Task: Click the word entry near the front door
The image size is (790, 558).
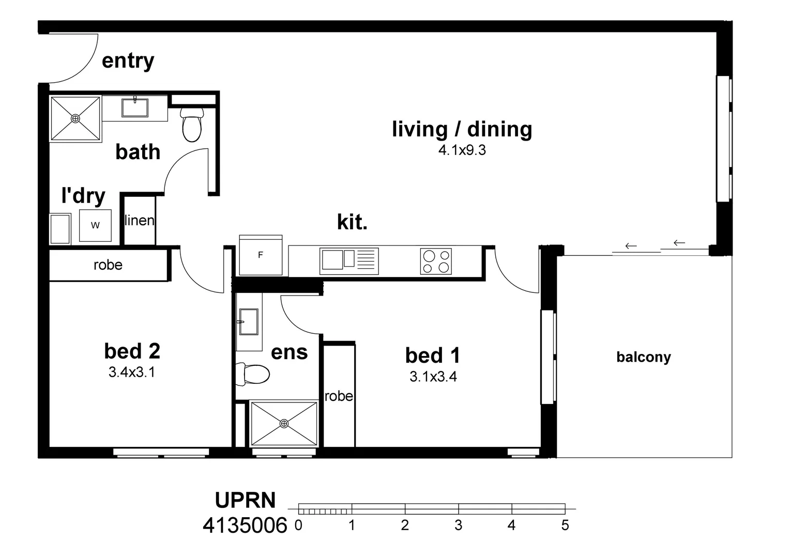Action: pyautogui.click(x=128, y=61)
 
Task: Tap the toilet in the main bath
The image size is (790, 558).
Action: pyautogui.click(x=192, y=124)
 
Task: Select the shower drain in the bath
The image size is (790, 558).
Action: pyautogui.click(x=75, y=118)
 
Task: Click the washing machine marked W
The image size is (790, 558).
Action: pyautogui.click(x=95, y=226)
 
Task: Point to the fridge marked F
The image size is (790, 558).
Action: pyautogui.click(x=261, y=255)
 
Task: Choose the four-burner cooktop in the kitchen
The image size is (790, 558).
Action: pyautogui.click(x=436, y=261)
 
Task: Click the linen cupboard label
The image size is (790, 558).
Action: pyautogui.click(x=139, y=221)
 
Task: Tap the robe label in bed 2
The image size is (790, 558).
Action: pyautogui.click(x=108, y=265)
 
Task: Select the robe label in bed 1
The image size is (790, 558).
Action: pyautogui.click(x=339, y=397)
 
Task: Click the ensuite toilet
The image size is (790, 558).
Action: pyautogui.click(x=252, y=374)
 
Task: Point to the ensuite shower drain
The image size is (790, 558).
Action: pyautogui.click(x=284, y=423)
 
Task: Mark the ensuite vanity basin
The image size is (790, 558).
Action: pyautogui.click(x=249, y=321)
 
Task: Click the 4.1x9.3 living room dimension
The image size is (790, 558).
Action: pyautogui.click(x=462, y=150)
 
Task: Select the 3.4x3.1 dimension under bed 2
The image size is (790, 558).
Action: pyautogui.click(x=132, y=372)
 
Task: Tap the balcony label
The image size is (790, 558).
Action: pyautogui.click(x=644, y=357)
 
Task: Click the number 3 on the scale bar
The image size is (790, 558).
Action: pyautogui.click(x=458, y=525)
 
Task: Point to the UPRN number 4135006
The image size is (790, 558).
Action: pyautogui.click(x=245, y=525)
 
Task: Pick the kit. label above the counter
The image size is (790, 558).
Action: pyautogui.click(x=352, y=222)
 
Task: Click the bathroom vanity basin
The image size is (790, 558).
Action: pyautogui.click(x=135, y=107)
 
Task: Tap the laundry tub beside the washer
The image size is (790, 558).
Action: pyautogui.click(x=60, y=229)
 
